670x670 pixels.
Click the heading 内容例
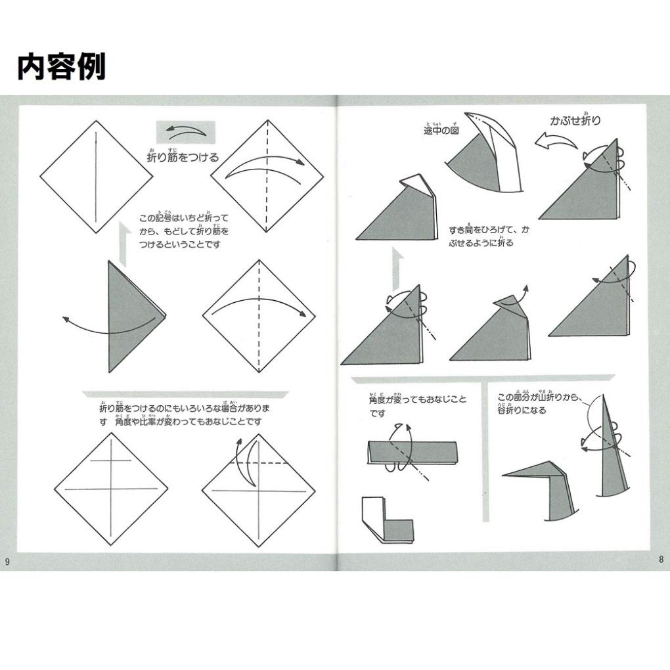click(61, 66)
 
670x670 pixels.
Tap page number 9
click(7, 560)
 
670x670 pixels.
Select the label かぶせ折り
click(575, 121)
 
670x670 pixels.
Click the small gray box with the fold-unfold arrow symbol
click(185, 132)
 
